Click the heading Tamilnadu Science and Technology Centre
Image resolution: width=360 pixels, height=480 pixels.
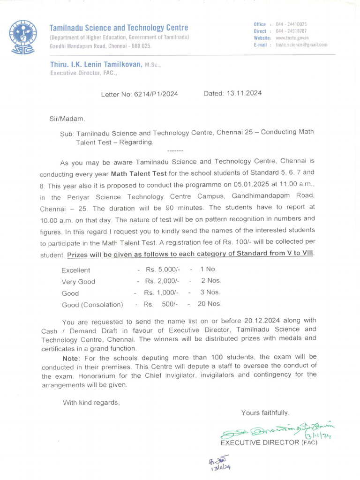(119, 28)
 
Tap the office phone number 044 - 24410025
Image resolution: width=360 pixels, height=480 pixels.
(291, 24)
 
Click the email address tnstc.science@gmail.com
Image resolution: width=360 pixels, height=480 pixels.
(301, 45)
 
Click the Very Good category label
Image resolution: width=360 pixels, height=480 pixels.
(78, 282)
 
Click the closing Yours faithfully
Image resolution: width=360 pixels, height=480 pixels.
(265, 412)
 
